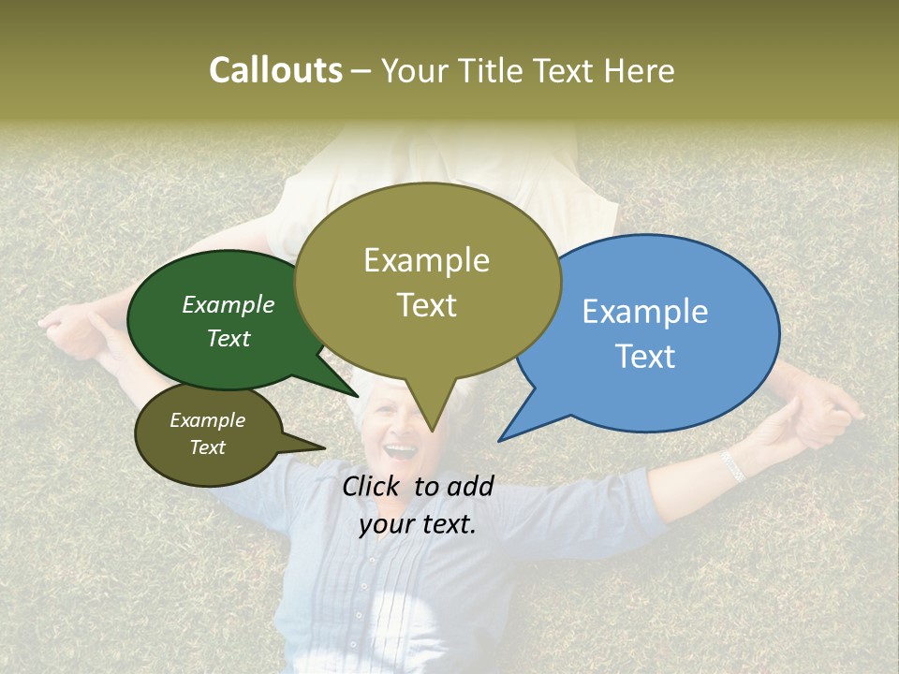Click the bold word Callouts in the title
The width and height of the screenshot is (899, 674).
click(275, 70)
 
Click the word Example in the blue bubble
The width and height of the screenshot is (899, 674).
click(645, 311)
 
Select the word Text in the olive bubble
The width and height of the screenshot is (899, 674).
click(427, 305)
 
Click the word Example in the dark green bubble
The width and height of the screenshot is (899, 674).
click(228, 304)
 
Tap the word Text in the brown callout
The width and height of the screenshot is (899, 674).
click(208, 447)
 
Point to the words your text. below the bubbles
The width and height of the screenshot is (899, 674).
click(418, 524)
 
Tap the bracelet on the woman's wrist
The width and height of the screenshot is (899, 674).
click(732, 465)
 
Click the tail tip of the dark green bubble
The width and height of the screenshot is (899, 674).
click(357, 396)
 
